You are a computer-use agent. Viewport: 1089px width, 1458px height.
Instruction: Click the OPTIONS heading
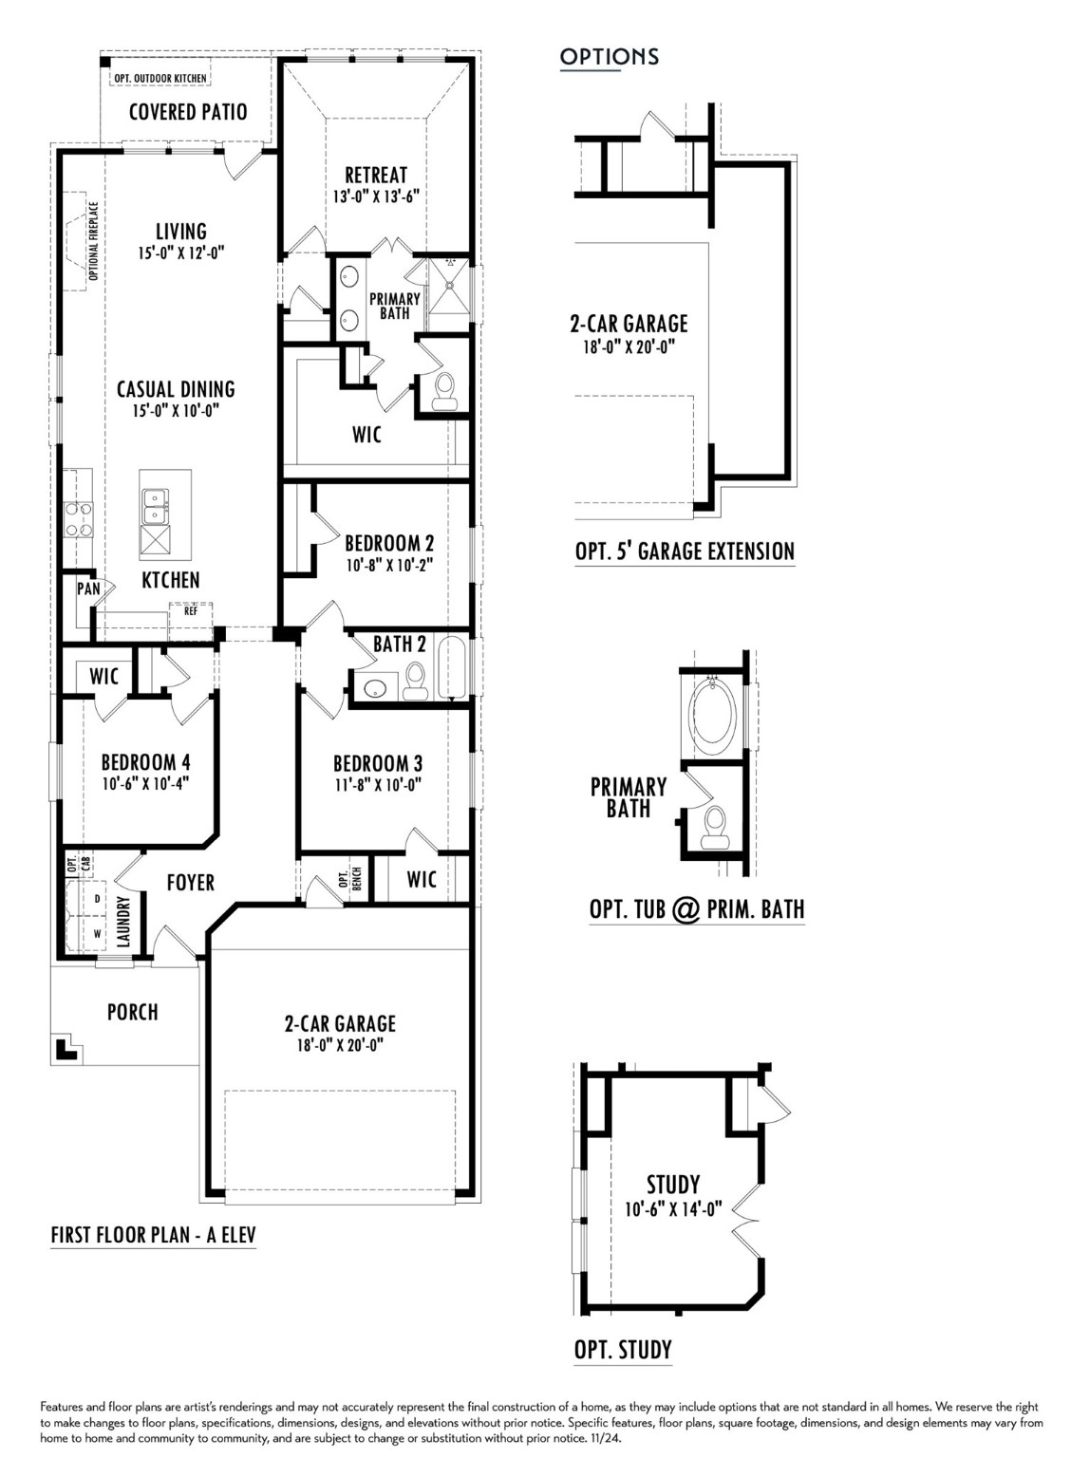(609, 57)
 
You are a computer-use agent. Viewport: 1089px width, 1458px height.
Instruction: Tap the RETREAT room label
(376, 175)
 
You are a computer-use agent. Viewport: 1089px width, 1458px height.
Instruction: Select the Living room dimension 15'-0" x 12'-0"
(180, 253)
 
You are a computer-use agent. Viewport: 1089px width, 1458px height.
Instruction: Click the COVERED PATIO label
(188, 112)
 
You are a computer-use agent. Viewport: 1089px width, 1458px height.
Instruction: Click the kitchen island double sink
(154, 506)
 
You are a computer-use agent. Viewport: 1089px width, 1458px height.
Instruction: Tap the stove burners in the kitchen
(78, 518)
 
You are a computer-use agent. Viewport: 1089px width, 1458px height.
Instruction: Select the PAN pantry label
(88, 589)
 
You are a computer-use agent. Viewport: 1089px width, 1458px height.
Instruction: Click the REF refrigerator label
(191, 611)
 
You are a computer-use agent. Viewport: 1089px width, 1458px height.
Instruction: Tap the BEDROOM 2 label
(389, 543)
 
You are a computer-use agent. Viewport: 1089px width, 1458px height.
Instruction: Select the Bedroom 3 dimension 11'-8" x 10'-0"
(377, 785)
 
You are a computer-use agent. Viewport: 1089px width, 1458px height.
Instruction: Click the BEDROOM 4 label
(145, 762)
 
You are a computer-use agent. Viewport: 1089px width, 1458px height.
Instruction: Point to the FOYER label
(190, 883)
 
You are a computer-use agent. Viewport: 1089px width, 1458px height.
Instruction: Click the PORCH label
(133, 1012)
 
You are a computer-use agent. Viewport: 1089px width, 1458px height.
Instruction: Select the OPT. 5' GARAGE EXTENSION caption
(685, 551)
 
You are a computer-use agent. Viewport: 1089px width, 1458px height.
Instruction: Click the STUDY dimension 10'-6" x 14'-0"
(673, 1209)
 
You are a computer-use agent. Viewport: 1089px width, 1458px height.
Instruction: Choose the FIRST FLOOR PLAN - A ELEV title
(153, 1235)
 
